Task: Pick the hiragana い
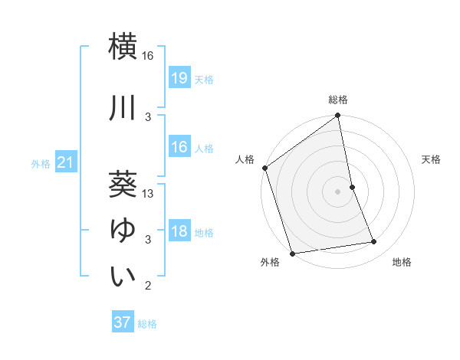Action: [x=123, y=277]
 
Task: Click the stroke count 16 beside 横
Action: [x=148, y=57]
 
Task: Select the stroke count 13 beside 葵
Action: [x=148, y=194]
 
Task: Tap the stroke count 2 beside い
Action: [x=148, y=286]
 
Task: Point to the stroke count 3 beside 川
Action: [x=148, y=116]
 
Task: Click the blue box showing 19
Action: [x=179, y=77]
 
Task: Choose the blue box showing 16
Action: [x=179, y=147]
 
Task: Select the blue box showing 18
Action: [x=179, y=232]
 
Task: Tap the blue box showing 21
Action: [x=65, y=162]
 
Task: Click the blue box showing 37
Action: [x=123, y=322]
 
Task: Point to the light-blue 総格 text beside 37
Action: [x=148, y=324]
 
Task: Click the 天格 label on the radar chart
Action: [x=432, y=159]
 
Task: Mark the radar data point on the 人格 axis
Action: [x=264, y=168]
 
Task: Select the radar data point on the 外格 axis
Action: [x=292, y=253]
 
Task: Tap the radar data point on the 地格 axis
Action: [x=374, y=242]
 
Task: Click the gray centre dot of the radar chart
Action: [x=337, y=191]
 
